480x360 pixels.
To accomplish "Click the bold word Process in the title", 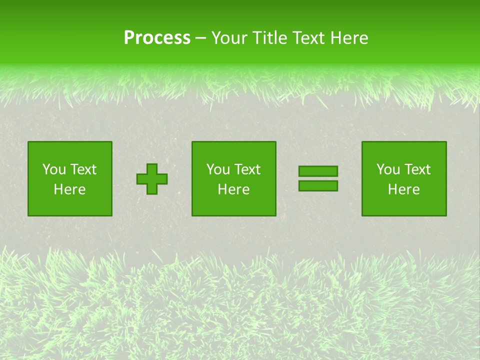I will tap(157, 38).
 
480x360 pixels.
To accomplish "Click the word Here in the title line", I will tap(349, 38).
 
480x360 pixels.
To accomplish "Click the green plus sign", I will tap(152, 179).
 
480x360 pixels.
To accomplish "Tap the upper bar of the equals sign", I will tap(318, 171).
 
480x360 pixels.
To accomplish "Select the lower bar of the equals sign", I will tap(318, 186).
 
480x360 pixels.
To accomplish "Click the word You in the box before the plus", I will tap(54, 169).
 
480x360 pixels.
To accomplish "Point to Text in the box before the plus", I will tap(83, 169).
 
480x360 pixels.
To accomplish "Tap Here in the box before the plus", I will tap(69, 189).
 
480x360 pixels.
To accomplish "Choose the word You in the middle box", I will tap(218, 169).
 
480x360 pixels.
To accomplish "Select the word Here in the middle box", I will tap(233, 189).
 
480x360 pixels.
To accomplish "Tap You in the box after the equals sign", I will tap(388, 169).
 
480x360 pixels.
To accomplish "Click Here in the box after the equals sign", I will tap(403, 189).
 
